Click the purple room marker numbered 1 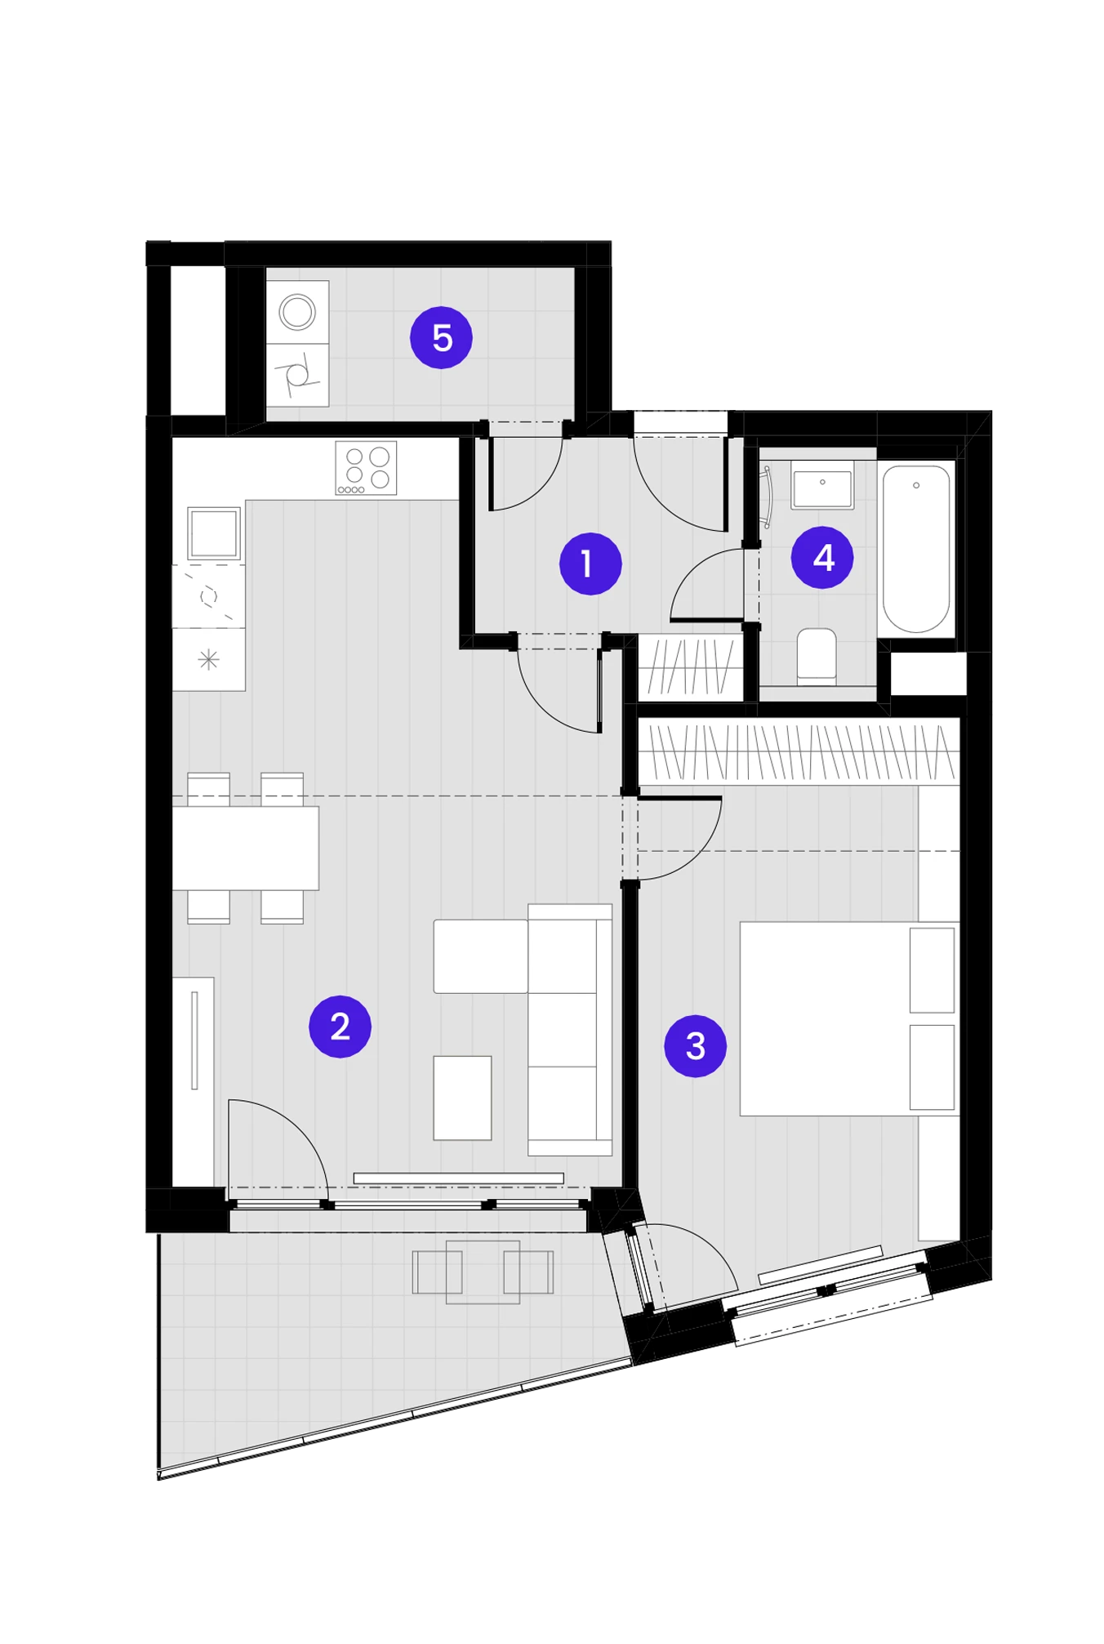[x=590, y=564]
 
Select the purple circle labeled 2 [x=340, y=1027]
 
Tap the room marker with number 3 [x=695, y=1046]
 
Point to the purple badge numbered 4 [x=822, y=558]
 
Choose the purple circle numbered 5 [x=441, y=337]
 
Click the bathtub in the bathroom [x=916, y=549]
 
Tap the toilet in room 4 [x=817, y=655]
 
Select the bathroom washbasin [x=822, y=485]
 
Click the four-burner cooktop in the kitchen [x=367, y=468]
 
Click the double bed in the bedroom [x=849, y=1018]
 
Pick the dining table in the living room [x=246, y=848]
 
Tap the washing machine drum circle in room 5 [x=297, y=312]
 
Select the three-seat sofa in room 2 [x=570, y=1029]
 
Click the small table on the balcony [x=483, y=1272]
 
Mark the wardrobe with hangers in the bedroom [x=798, y=751]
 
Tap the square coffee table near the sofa [x=462, y=1098]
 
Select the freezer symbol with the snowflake [x=209, y=659]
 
